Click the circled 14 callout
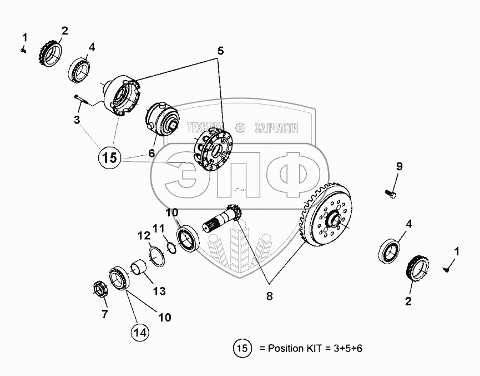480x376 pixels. pyautogui.click(x=140, y=332)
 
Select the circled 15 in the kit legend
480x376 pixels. pyautogui.click(x=242, y=348)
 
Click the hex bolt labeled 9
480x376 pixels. pyautogui.click(x=390, y=194)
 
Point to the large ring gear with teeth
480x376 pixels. pyautogui.click(x=325, y=214)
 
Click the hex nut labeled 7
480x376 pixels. pyautogui.click(x=100, y=289)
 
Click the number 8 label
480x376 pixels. pyautogui.click(x=269, y=296)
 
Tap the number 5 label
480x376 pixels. pyautogui.click(x=221, y=51)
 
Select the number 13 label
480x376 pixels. pyautogui.click(x=159, y=291)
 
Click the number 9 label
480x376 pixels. pyautogui.click(x=399, y=166)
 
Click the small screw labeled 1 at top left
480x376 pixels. pyautogui.click(x=23, y=50)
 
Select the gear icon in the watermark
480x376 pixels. pyautogui.click(x=240, y=127)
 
